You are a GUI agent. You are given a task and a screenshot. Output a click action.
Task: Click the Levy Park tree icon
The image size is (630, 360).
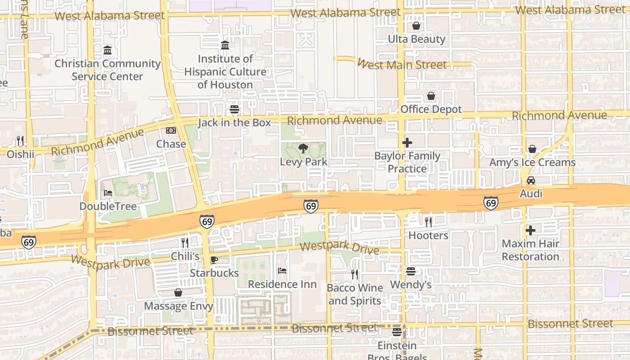click(x=303, y=148)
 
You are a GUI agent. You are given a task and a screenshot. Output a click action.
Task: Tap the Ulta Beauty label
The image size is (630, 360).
click(x=416, y=39)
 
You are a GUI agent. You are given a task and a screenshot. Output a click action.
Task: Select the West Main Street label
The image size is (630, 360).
click(x=402, y=64)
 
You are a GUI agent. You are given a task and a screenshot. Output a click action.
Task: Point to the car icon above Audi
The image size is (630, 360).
click(x=531, y=180)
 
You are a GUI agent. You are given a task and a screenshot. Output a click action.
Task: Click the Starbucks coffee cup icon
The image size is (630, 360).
click(x=214, y=260)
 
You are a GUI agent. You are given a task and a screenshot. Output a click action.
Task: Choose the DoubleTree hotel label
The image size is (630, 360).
click(x=108, y=206)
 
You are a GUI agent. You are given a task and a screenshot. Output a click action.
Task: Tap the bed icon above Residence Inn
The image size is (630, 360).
click(x=282, y=271)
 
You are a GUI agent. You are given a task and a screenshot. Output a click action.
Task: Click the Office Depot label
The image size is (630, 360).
click(x=431, y=109)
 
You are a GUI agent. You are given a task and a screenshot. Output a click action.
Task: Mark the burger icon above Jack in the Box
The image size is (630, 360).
click(x=234, y=109)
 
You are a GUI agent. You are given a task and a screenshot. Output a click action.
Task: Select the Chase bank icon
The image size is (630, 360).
click(x=171, y=130)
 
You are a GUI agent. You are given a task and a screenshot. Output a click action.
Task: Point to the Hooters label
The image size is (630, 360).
click(x=428, y=235)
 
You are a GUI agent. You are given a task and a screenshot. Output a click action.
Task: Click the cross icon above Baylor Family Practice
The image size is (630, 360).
click(x=407, y=143)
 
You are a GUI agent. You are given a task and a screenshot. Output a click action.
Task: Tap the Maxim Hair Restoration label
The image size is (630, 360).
click(x=531, y=250)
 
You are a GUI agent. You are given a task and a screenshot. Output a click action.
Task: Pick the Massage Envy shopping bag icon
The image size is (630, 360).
click(x=178, y=293)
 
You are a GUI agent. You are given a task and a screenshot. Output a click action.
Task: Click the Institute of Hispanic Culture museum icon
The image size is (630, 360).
click(x=225, y=45)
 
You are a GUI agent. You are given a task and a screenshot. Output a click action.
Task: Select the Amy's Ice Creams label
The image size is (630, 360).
click(x=532, y=162)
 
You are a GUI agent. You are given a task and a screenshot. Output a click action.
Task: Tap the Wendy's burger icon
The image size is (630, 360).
click(x=410, y=271)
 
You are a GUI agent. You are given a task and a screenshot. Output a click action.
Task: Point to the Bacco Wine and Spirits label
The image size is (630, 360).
click(x=355, y=294)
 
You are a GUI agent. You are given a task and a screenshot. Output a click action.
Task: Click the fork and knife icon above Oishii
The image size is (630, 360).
click(x=20, y=141)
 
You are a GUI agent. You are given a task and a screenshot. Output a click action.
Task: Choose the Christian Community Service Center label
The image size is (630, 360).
click(x=108, y=70)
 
